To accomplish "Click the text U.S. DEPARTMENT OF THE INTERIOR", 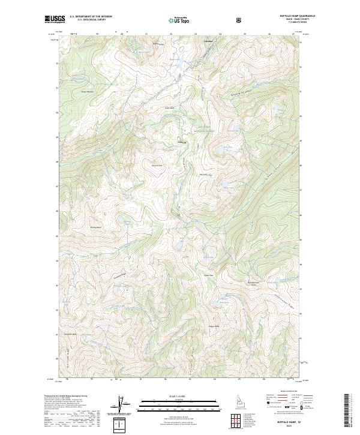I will (91, 17).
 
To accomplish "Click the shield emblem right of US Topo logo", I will (206, 20).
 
